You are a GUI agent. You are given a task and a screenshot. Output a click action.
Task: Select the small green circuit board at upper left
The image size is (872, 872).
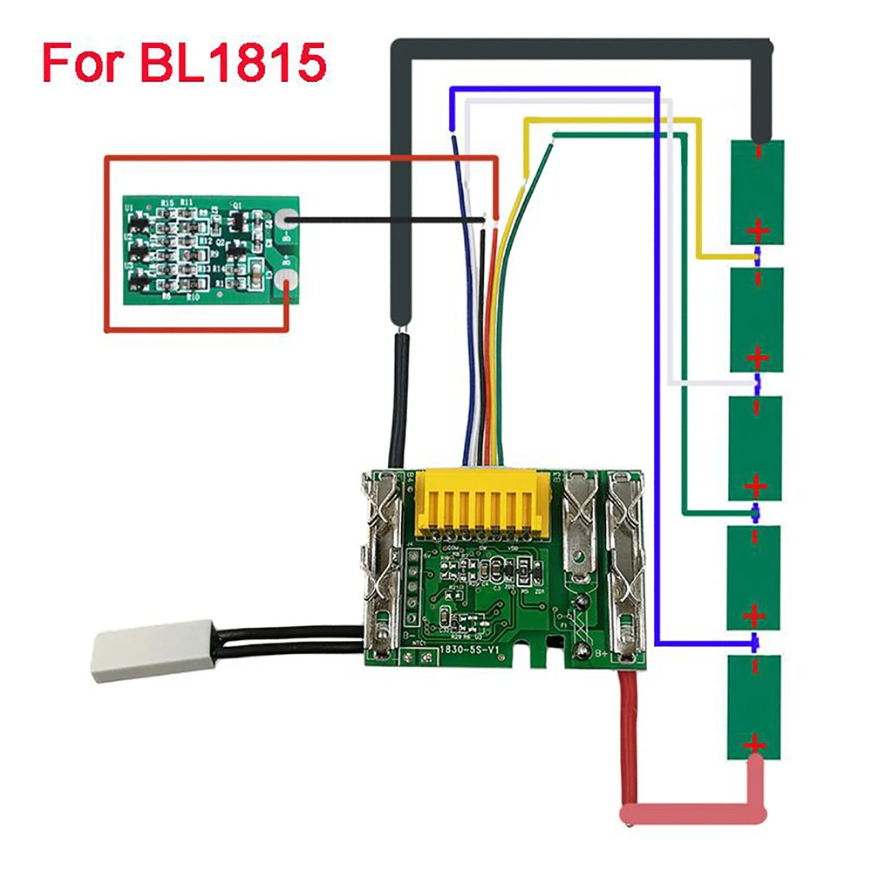pos(208,243)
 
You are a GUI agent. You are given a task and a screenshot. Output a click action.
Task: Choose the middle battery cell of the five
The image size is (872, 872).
pos(756,447)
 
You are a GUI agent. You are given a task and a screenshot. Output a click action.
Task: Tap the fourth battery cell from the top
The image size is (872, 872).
pos(756,576)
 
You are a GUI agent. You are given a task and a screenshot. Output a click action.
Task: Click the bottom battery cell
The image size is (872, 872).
pos(754,707)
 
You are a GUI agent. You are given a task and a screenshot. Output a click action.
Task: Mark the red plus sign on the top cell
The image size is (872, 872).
pos(758,231)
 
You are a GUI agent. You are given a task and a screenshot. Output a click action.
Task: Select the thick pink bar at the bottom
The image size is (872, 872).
pos(689,814)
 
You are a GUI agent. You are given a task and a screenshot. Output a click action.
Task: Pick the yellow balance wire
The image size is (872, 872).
pos(610,123)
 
